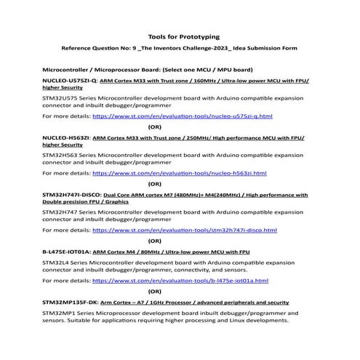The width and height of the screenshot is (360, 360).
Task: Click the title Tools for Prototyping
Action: [179, 36]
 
